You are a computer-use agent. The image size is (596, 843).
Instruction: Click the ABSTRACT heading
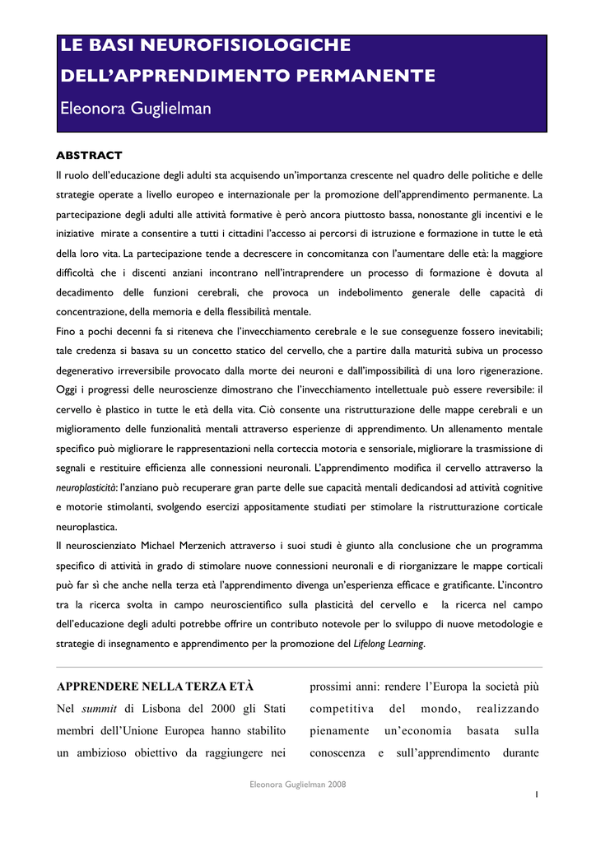(x=88, y=155)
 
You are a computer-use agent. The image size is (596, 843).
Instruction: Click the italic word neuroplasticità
(x=85, y=487)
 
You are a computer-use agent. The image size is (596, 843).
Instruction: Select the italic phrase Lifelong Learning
(x=389, y=644)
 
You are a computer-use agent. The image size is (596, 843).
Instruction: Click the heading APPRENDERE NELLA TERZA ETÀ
(x=155, y=686)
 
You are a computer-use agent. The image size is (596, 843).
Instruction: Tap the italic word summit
(x=98, y=708)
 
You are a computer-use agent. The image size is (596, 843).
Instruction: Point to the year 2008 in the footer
(x=335, y=785)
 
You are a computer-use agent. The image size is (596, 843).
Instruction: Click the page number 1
(x=536, y=794)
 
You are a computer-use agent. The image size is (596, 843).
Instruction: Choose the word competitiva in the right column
(x=342, y=708)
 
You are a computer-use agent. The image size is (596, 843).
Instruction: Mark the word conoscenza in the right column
(x=337, y=752)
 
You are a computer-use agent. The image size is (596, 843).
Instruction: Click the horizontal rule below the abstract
(x=298, y=667)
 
